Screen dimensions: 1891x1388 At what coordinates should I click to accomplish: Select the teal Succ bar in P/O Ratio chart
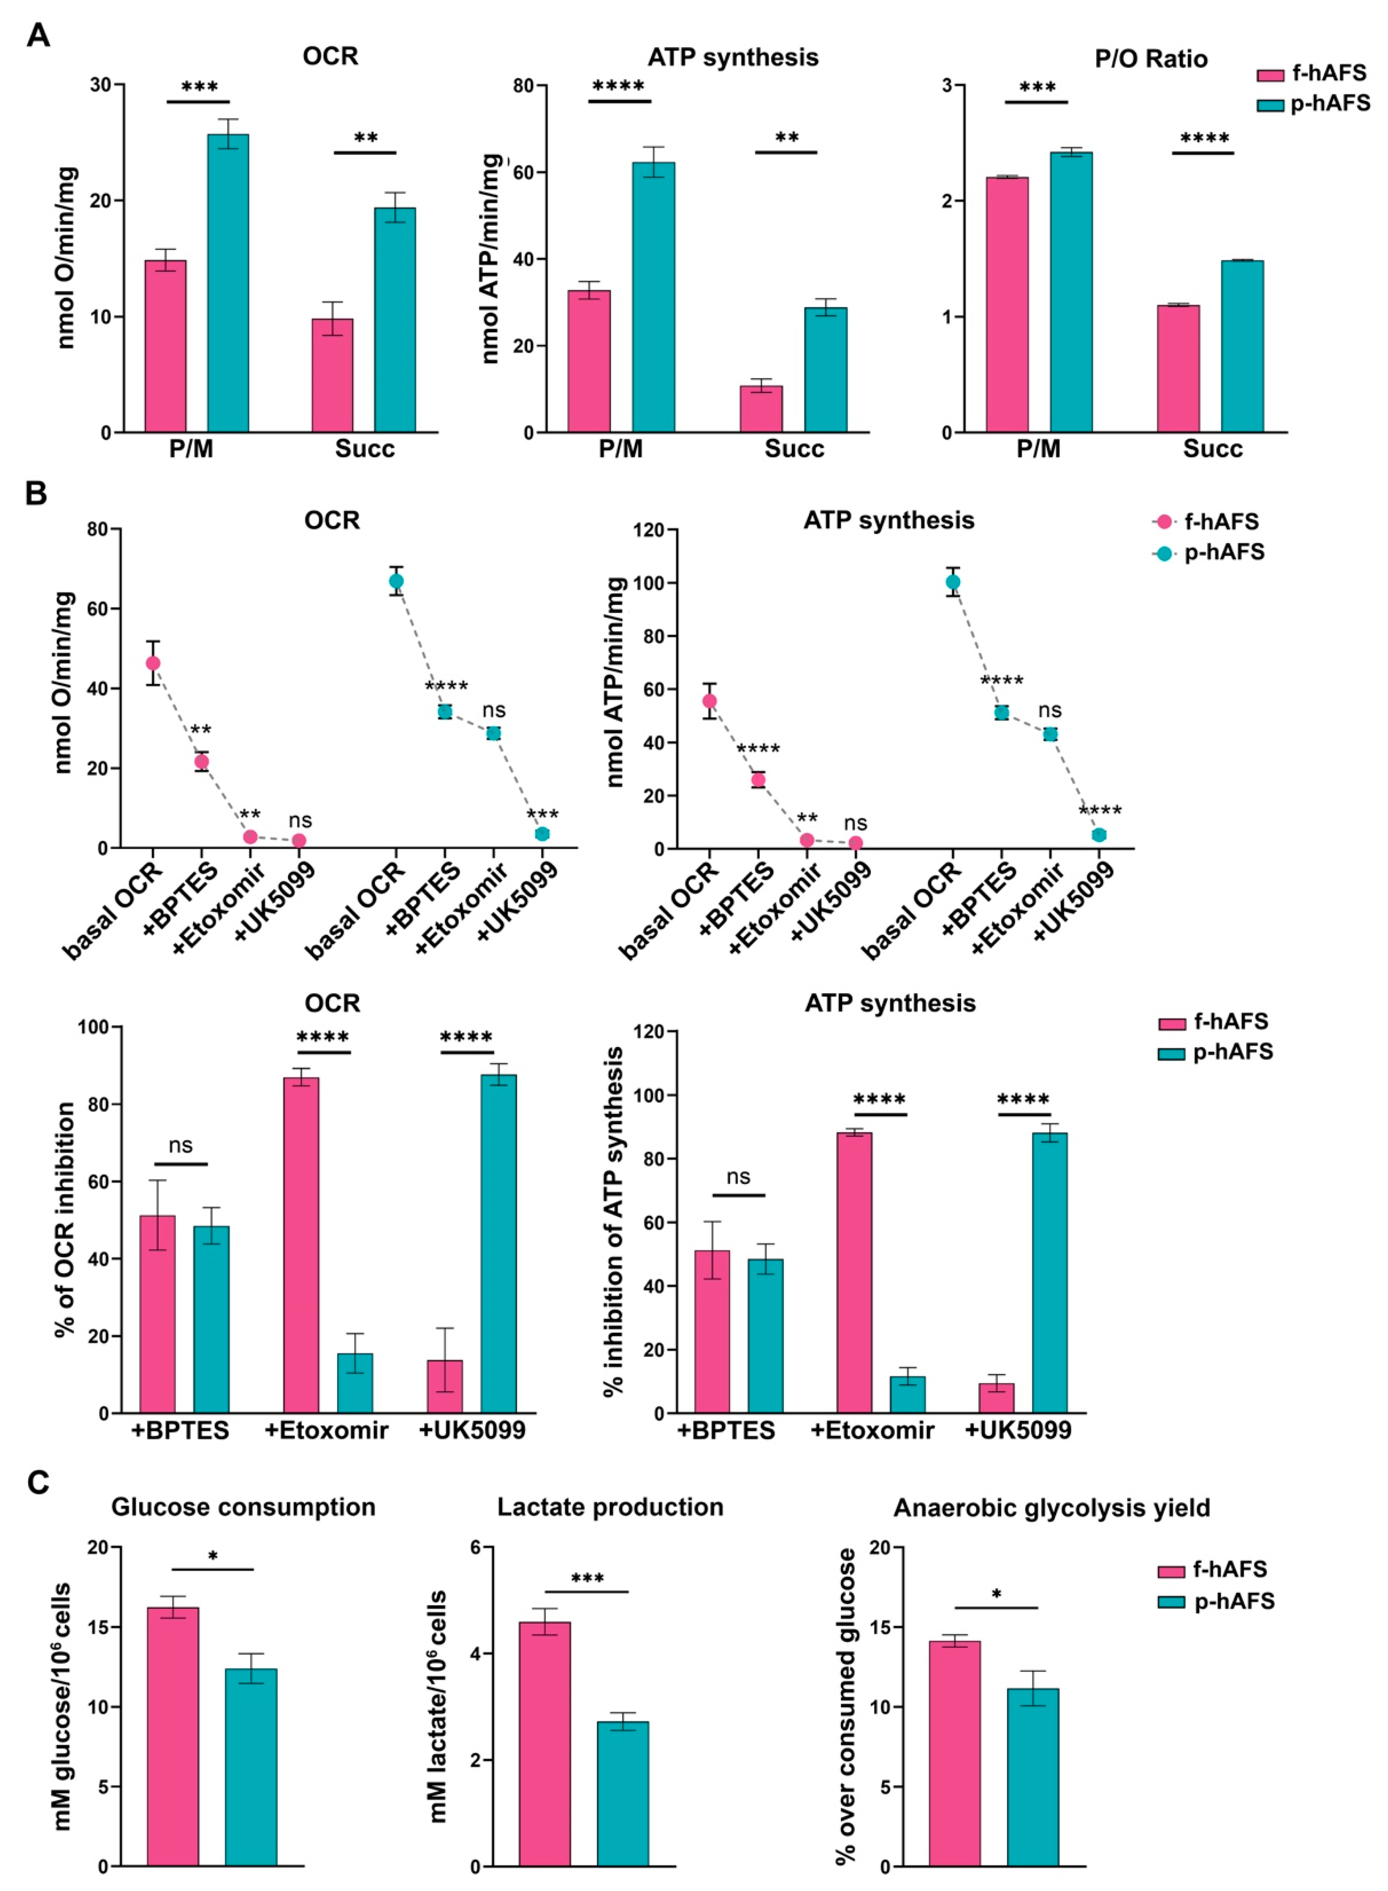1242,346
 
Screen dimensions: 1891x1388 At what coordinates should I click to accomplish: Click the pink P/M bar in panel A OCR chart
166,346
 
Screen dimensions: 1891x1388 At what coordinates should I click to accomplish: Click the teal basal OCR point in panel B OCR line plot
396,581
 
